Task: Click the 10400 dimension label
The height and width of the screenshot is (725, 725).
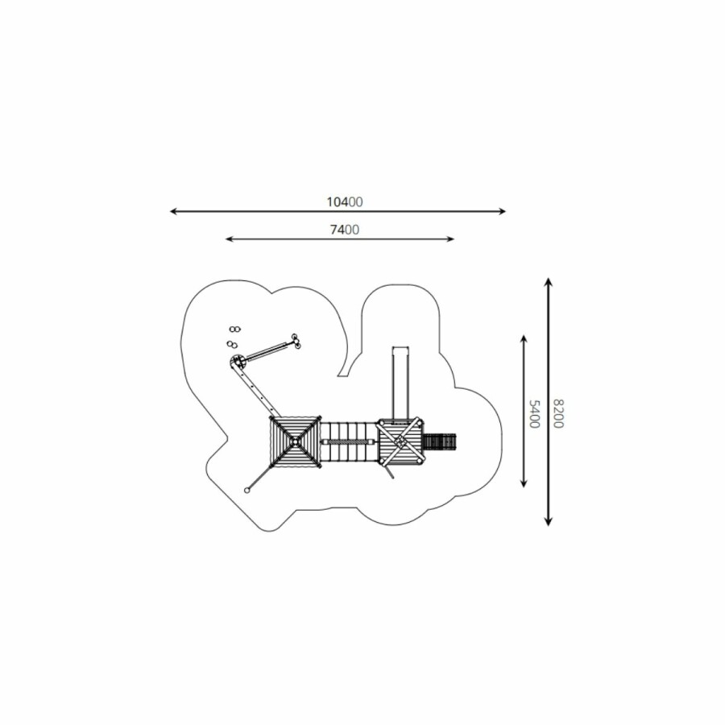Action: [x=345, y=202]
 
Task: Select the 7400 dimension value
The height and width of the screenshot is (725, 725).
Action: [x=345, y=230]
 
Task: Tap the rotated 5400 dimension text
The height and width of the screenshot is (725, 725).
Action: [x=534, y=414]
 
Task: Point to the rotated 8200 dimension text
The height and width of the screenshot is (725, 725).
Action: [x=558, y=414]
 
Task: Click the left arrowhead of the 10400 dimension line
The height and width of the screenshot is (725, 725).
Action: [x=173, y=211]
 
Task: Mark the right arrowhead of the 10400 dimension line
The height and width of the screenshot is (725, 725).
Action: [x=503, y=211]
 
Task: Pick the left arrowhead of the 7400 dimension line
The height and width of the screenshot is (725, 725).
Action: [x=229, y=239]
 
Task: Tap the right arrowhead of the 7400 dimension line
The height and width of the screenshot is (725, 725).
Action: [x=451, y=239]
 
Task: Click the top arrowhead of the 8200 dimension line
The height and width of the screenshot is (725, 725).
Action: [x=549, y=282]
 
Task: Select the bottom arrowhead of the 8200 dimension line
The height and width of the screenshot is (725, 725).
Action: [x=549, y=521]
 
